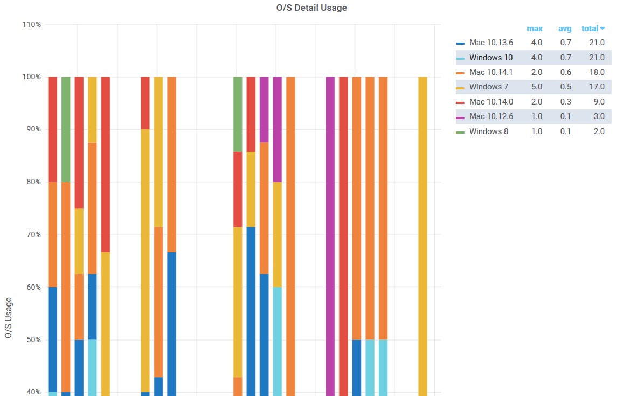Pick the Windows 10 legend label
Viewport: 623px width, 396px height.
(491, 58)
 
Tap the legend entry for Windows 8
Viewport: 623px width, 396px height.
(488, 131)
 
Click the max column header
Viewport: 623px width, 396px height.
(535, 29)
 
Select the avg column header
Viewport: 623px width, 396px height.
(565, 29)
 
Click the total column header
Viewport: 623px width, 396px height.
(590, 29)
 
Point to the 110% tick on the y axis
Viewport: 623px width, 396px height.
(32, 25)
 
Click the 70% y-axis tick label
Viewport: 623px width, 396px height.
(33, 235)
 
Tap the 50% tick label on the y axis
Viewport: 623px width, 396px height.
(33, 340)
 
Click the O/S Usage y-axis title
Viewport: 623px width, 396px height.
(9, 318)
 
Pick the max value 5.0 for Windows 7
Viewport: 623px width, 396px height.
(537, 87)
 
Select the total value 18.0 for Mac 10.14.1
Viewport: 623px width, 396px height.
(597, 72)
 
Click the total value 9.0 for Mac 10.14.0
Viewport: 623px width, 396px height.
(599, 102)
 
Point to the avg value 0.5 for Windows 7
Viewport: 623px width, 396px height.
(565, 87)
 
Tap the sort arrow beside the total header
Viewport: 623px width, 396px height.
(603, 29)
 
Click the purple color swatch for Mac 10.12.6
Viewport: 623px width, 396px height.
(460, 117)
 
